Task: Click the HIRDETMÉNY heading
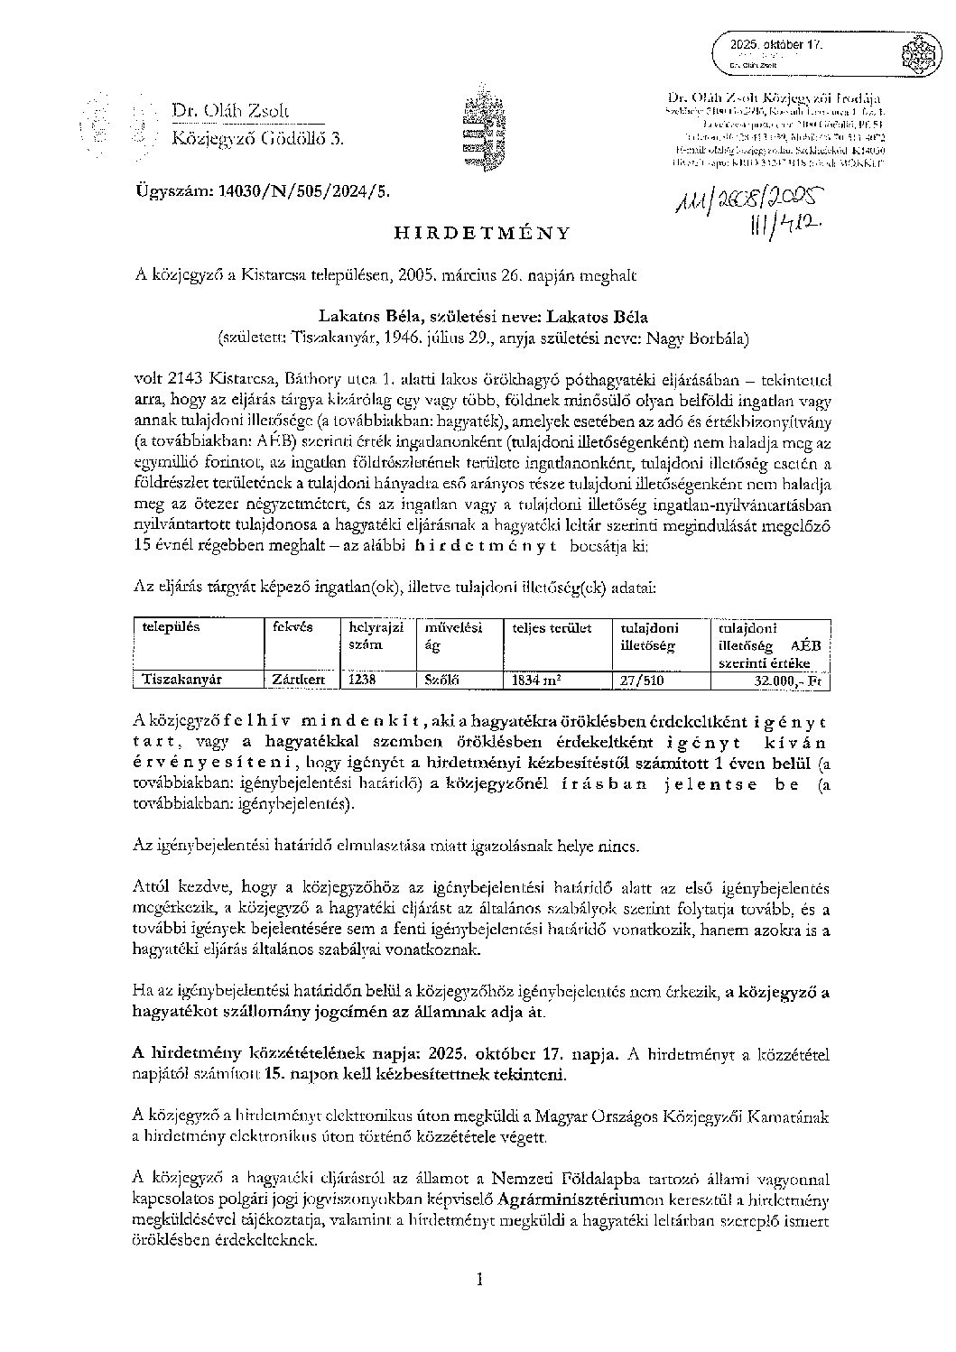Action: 482,232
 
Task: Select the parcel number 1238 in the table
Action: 362,679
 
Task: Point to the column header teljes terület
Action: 552,627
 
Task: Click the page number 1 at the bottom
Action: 479,1278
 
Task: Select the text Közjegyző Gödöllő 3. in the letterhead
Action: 257,138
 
